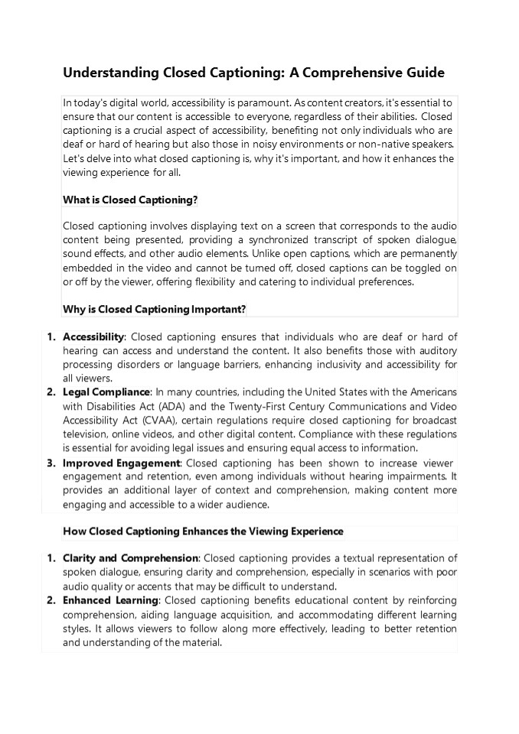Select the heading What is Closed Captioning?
click(130, 200)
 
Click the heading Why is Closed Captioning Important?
click(154, 309)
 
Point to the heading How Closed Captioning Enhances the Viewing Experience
click(203, 531)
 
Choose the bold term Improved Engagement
click(121, 463)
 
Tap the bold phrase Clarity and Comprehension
click(130, 559)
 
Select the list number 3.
click(51, 463)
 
